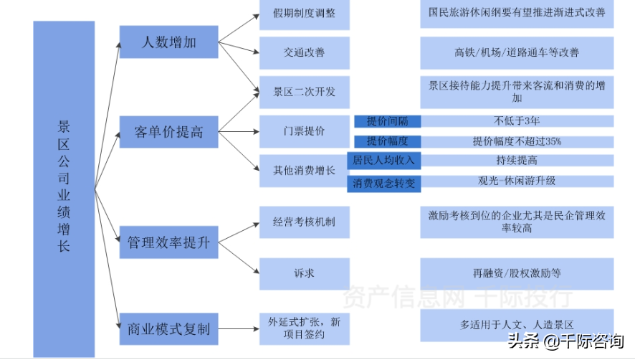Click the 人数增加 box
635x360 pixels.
tap(168, 42)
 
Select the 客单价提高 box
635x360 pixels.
tap(168, 132)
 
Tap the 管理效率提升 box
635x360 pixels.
tap(168, 242)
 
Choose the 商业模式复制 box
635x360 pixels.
tap(168, 328)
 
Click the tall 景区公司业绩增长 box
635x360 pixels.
tap(64, 189)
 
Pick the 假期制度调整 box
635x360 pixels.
tap(304, 14)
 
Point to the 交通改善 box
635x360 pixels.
tap(304, 52)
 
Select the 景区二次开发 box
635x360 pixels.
tap(304, 92)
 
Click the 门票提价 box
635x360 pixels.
tap(304, 131)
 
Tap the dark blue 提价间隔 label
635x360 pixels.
tap(388, 121)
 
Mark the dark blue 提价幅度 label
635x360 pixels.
tap(388, 141)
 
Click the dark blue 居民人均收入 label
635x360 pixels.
tap(384, 161)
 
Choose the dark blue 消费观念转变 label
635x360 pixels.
tap(384, 184)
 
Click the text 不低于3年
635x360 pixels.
tap(517, 120)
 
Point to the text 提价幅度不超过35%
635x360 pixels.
tap(517, 141)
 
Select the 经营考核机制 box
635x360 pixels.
tap(304, 222)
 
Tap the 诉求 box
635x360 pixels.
tap(304, 274)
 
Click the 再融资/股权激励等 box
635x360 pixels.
tap(517, 274)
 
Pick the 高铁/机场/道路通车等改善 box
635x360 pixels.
tap(517, 52)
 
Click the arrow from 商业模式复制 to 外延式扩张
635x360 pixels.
tap(239, 328)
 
